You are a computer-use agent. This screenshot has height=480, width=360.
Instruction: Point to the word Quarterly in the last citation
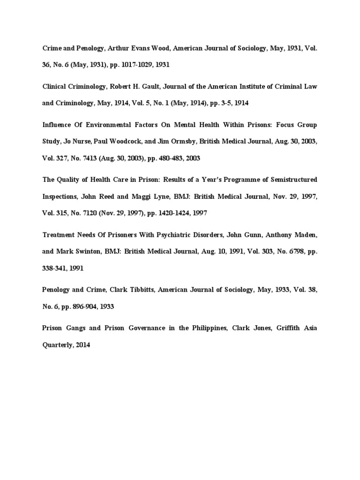coord(58,345)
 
